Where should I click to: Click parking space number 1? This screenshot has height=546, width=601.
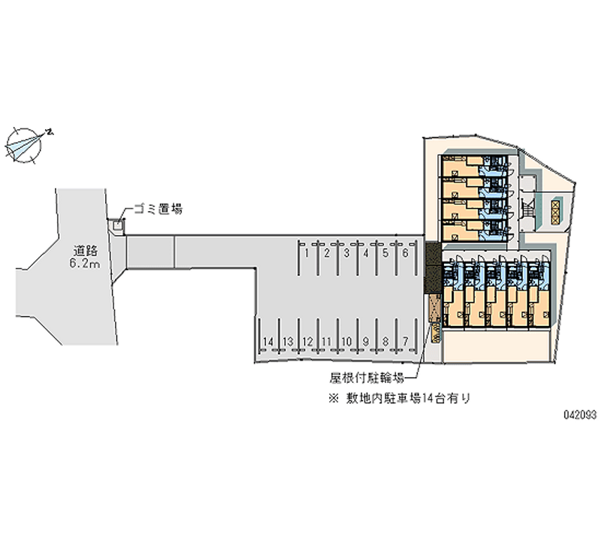308,253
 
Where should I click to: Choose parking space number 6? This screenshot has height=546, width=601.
405,253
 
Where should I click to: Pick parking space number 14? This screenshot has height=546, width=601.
267,342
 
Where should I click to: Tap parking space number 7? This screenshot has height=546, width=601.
406,342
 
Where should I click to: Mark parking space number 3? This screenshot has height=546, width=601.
346,253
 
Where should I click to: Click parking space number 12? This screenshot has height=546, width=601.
307,342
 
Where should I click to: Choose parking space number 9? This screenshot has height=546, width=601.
366,342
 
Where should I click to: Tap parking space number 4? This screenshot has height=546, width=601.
366,253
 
